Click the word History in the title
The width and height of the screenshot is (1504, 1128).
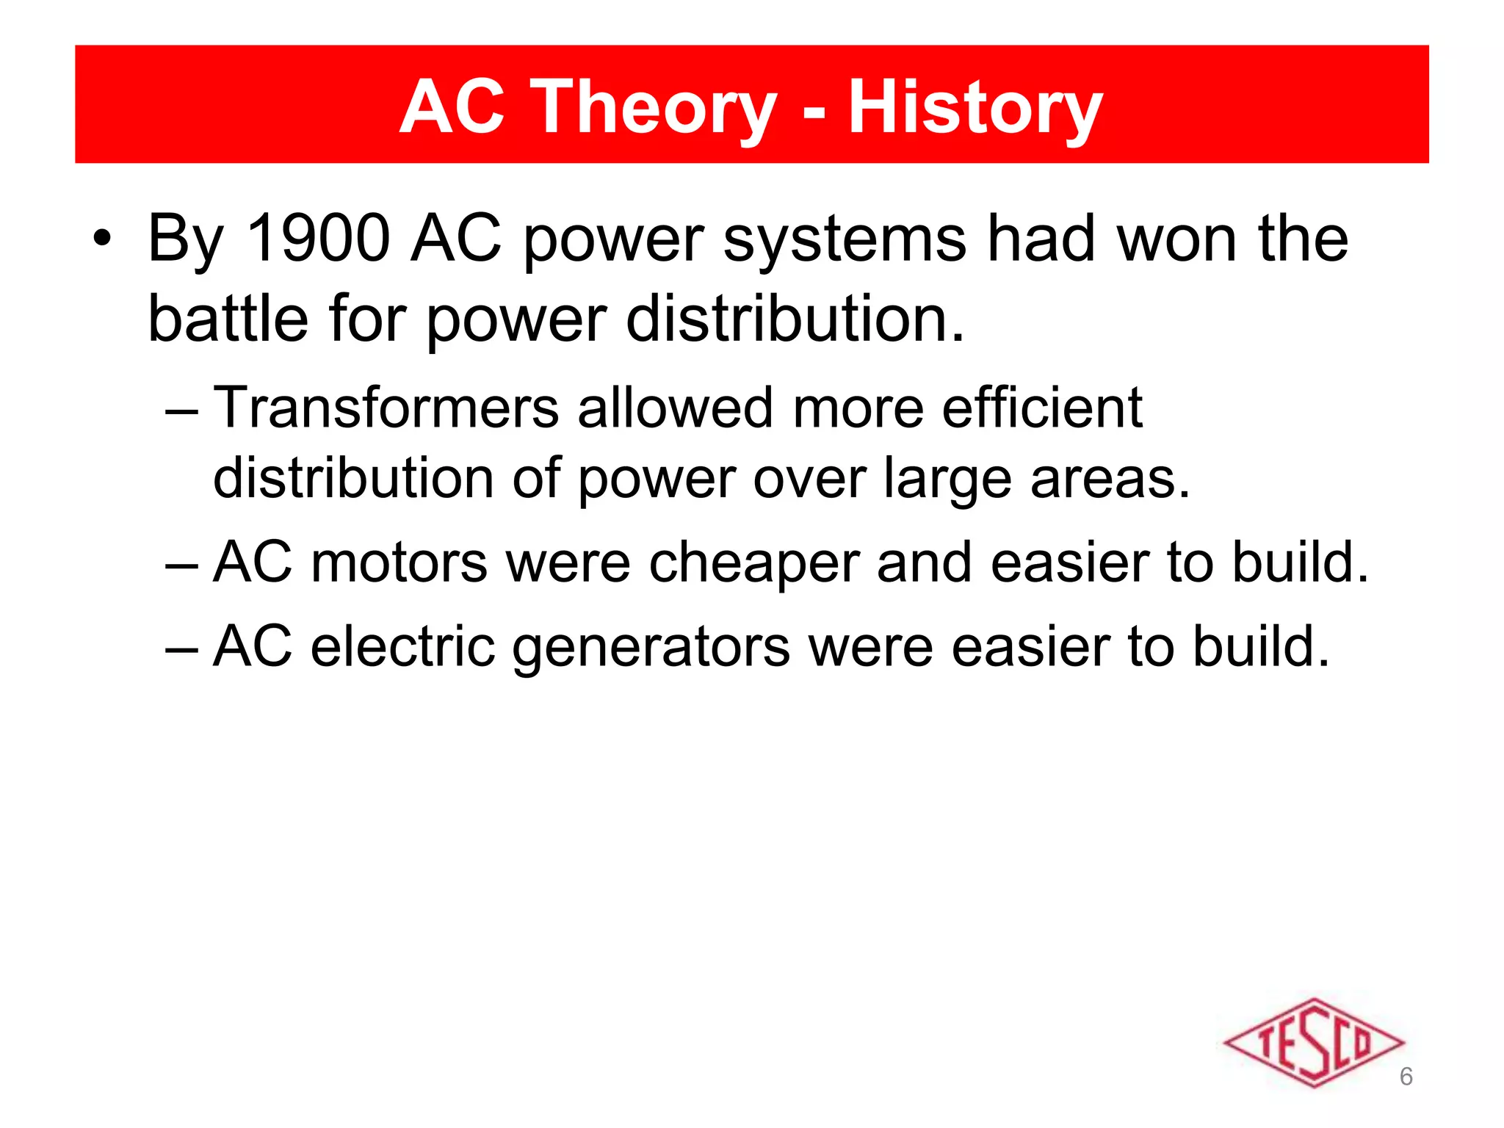(975, 109)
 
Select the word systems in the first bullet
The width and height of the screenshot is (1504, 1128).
(845, 239)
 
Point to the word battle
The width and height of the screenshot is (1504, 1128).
(228, 319)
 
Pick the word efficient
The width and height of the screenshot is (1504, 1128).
(1042, 408)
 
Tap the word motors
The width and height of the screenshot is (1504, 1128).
(399, 563)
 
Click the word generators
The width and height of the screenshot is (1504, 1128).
(651, 648)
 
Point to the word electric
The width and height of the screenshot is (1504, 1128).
(402, 647)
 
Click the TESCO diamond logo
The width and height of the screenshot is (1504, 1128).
(1314, 1042)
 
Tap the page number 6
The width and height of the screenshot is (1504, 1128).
(1406, 1077)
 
